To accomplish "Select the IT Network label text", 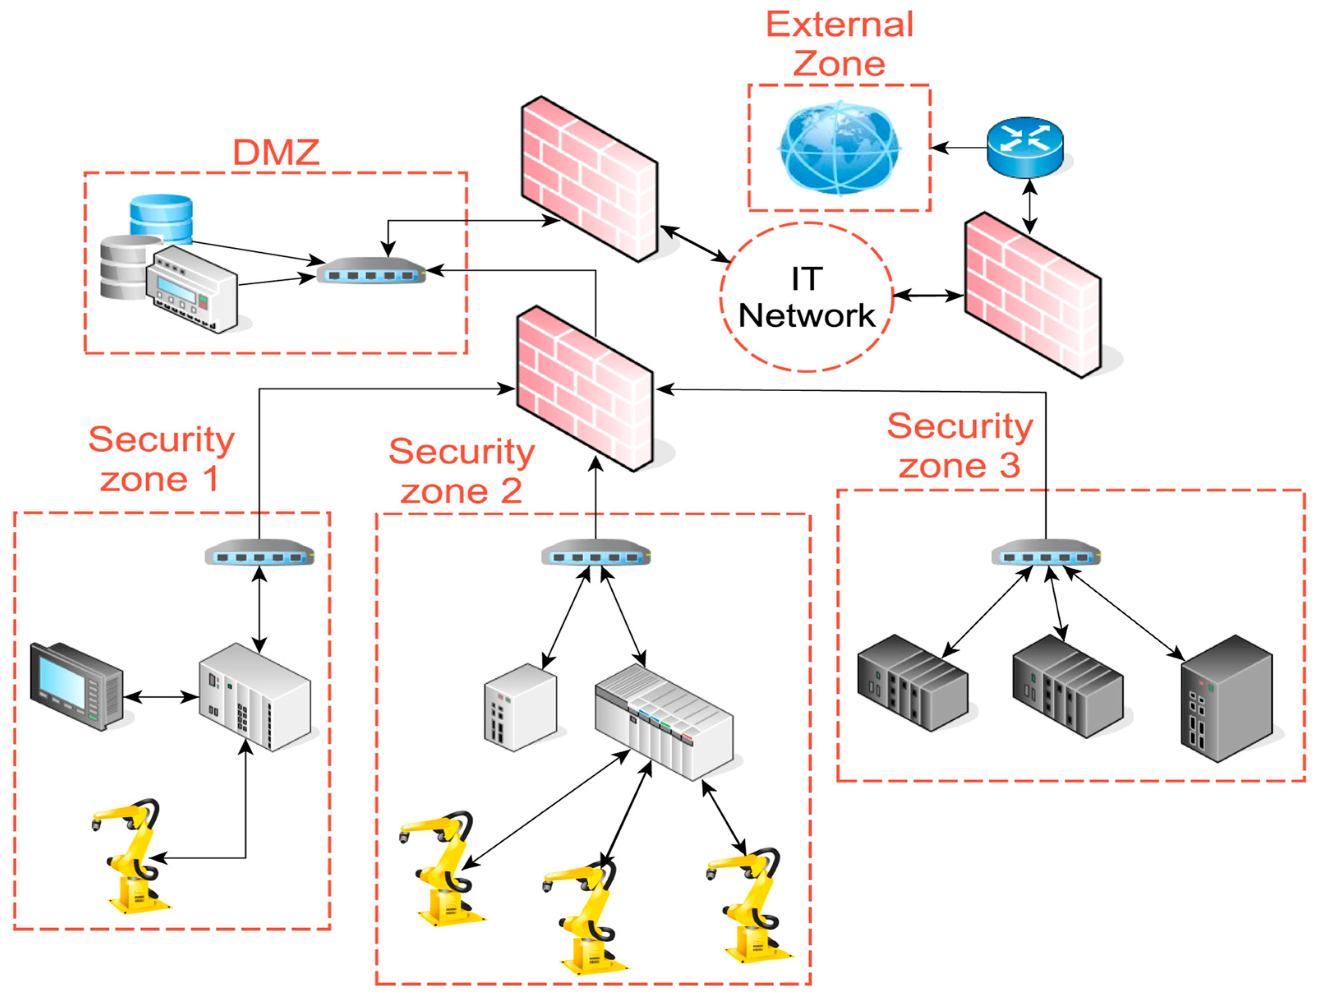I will point(807,297).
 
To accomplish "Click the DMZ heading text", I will point(276,152).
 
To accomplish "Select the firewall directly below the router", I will point(1033,294).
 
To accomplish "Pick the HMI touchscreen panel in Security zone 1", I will point(76,686).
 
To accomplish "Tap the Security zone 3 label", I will point(959,445).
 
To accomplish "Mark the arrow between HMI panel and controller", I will point(161,697).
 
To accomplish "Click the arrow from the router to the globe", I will point(959,148).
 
